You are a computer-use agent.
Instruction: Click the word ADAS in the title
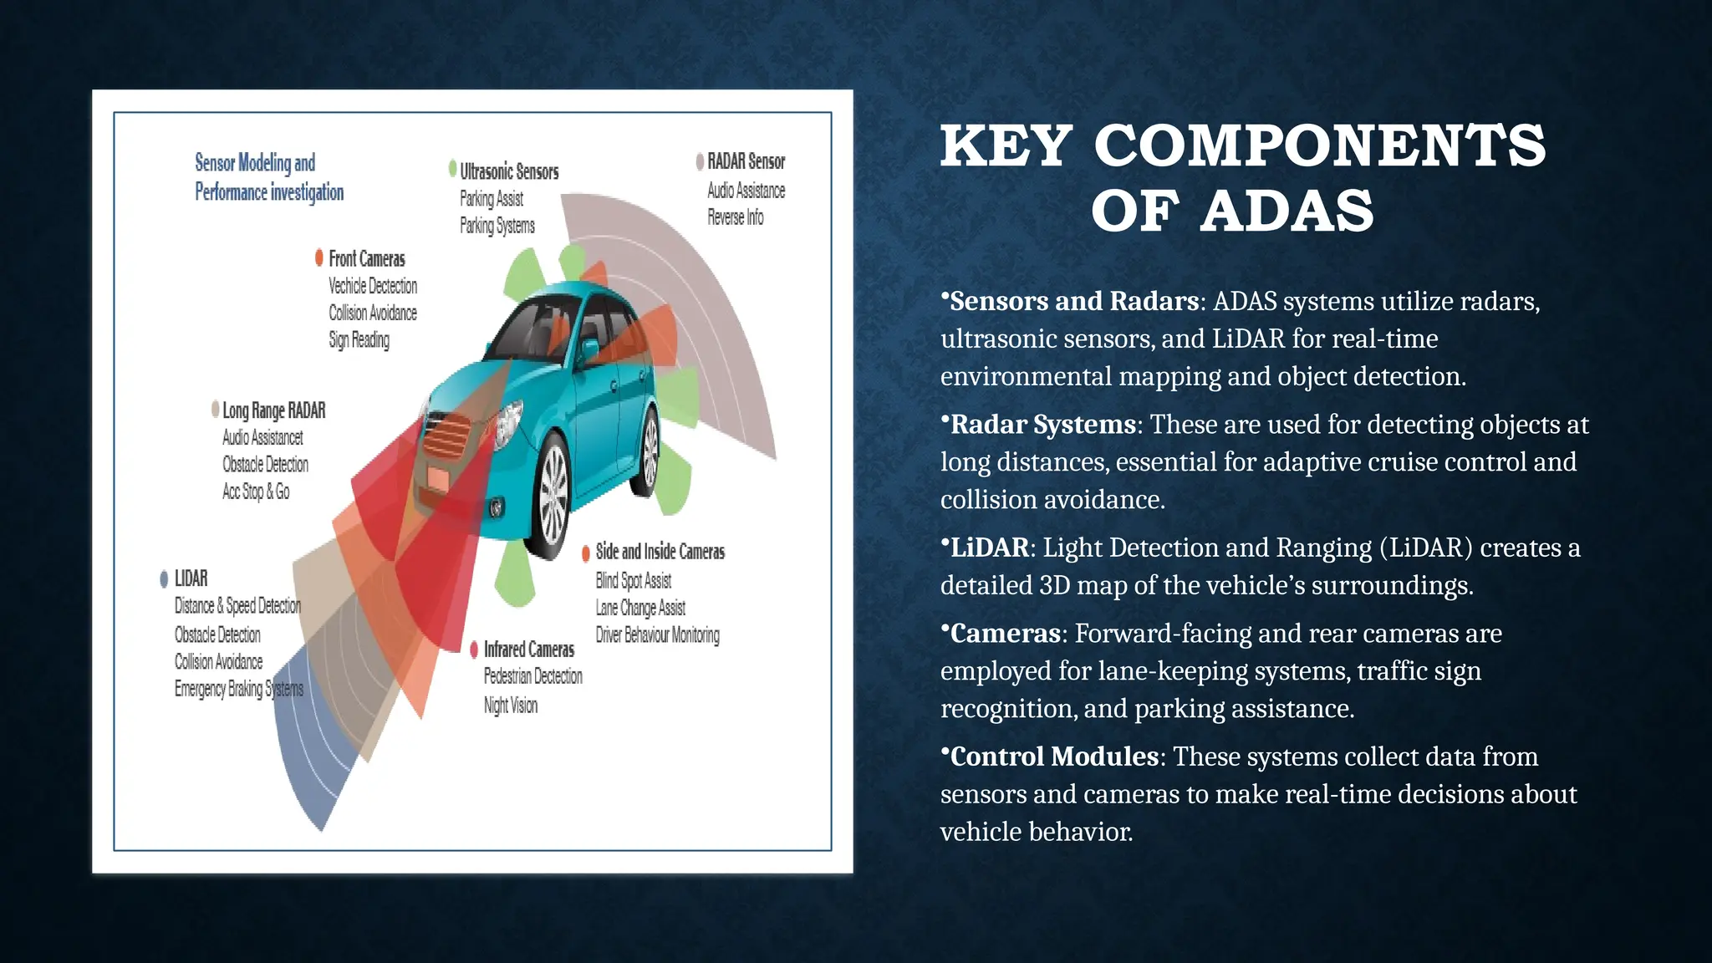1287,211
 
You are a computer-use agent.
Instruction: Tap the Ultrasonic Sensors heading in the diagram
508,171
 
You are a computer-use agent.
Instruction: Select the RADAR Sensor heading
746,161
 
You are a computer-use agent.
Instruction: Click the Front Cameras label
366,259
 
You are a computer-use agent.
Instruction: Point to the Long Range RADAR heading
273,410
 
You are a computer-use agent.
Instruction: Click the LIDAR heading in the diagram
191,578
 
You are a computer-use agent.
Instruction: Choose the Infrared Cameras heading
528,650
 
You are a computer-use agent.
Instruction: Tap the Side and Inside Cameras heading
660,552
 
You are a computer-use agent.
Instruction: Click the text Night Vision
510,706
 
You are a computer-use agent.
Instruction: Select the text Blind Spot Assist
633,580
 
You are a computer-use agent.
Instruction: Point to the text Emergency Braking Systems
238,689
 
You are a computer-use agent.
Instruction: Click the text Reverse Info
735,217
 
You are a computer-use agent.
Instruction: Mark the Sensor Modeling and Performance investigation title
268,177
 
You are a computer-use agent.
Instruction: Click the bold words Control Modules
1053,757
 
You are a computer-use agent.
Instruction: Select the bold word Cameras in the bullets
1005,634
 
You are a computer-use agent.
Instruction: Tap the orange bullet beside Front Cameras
319,257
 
